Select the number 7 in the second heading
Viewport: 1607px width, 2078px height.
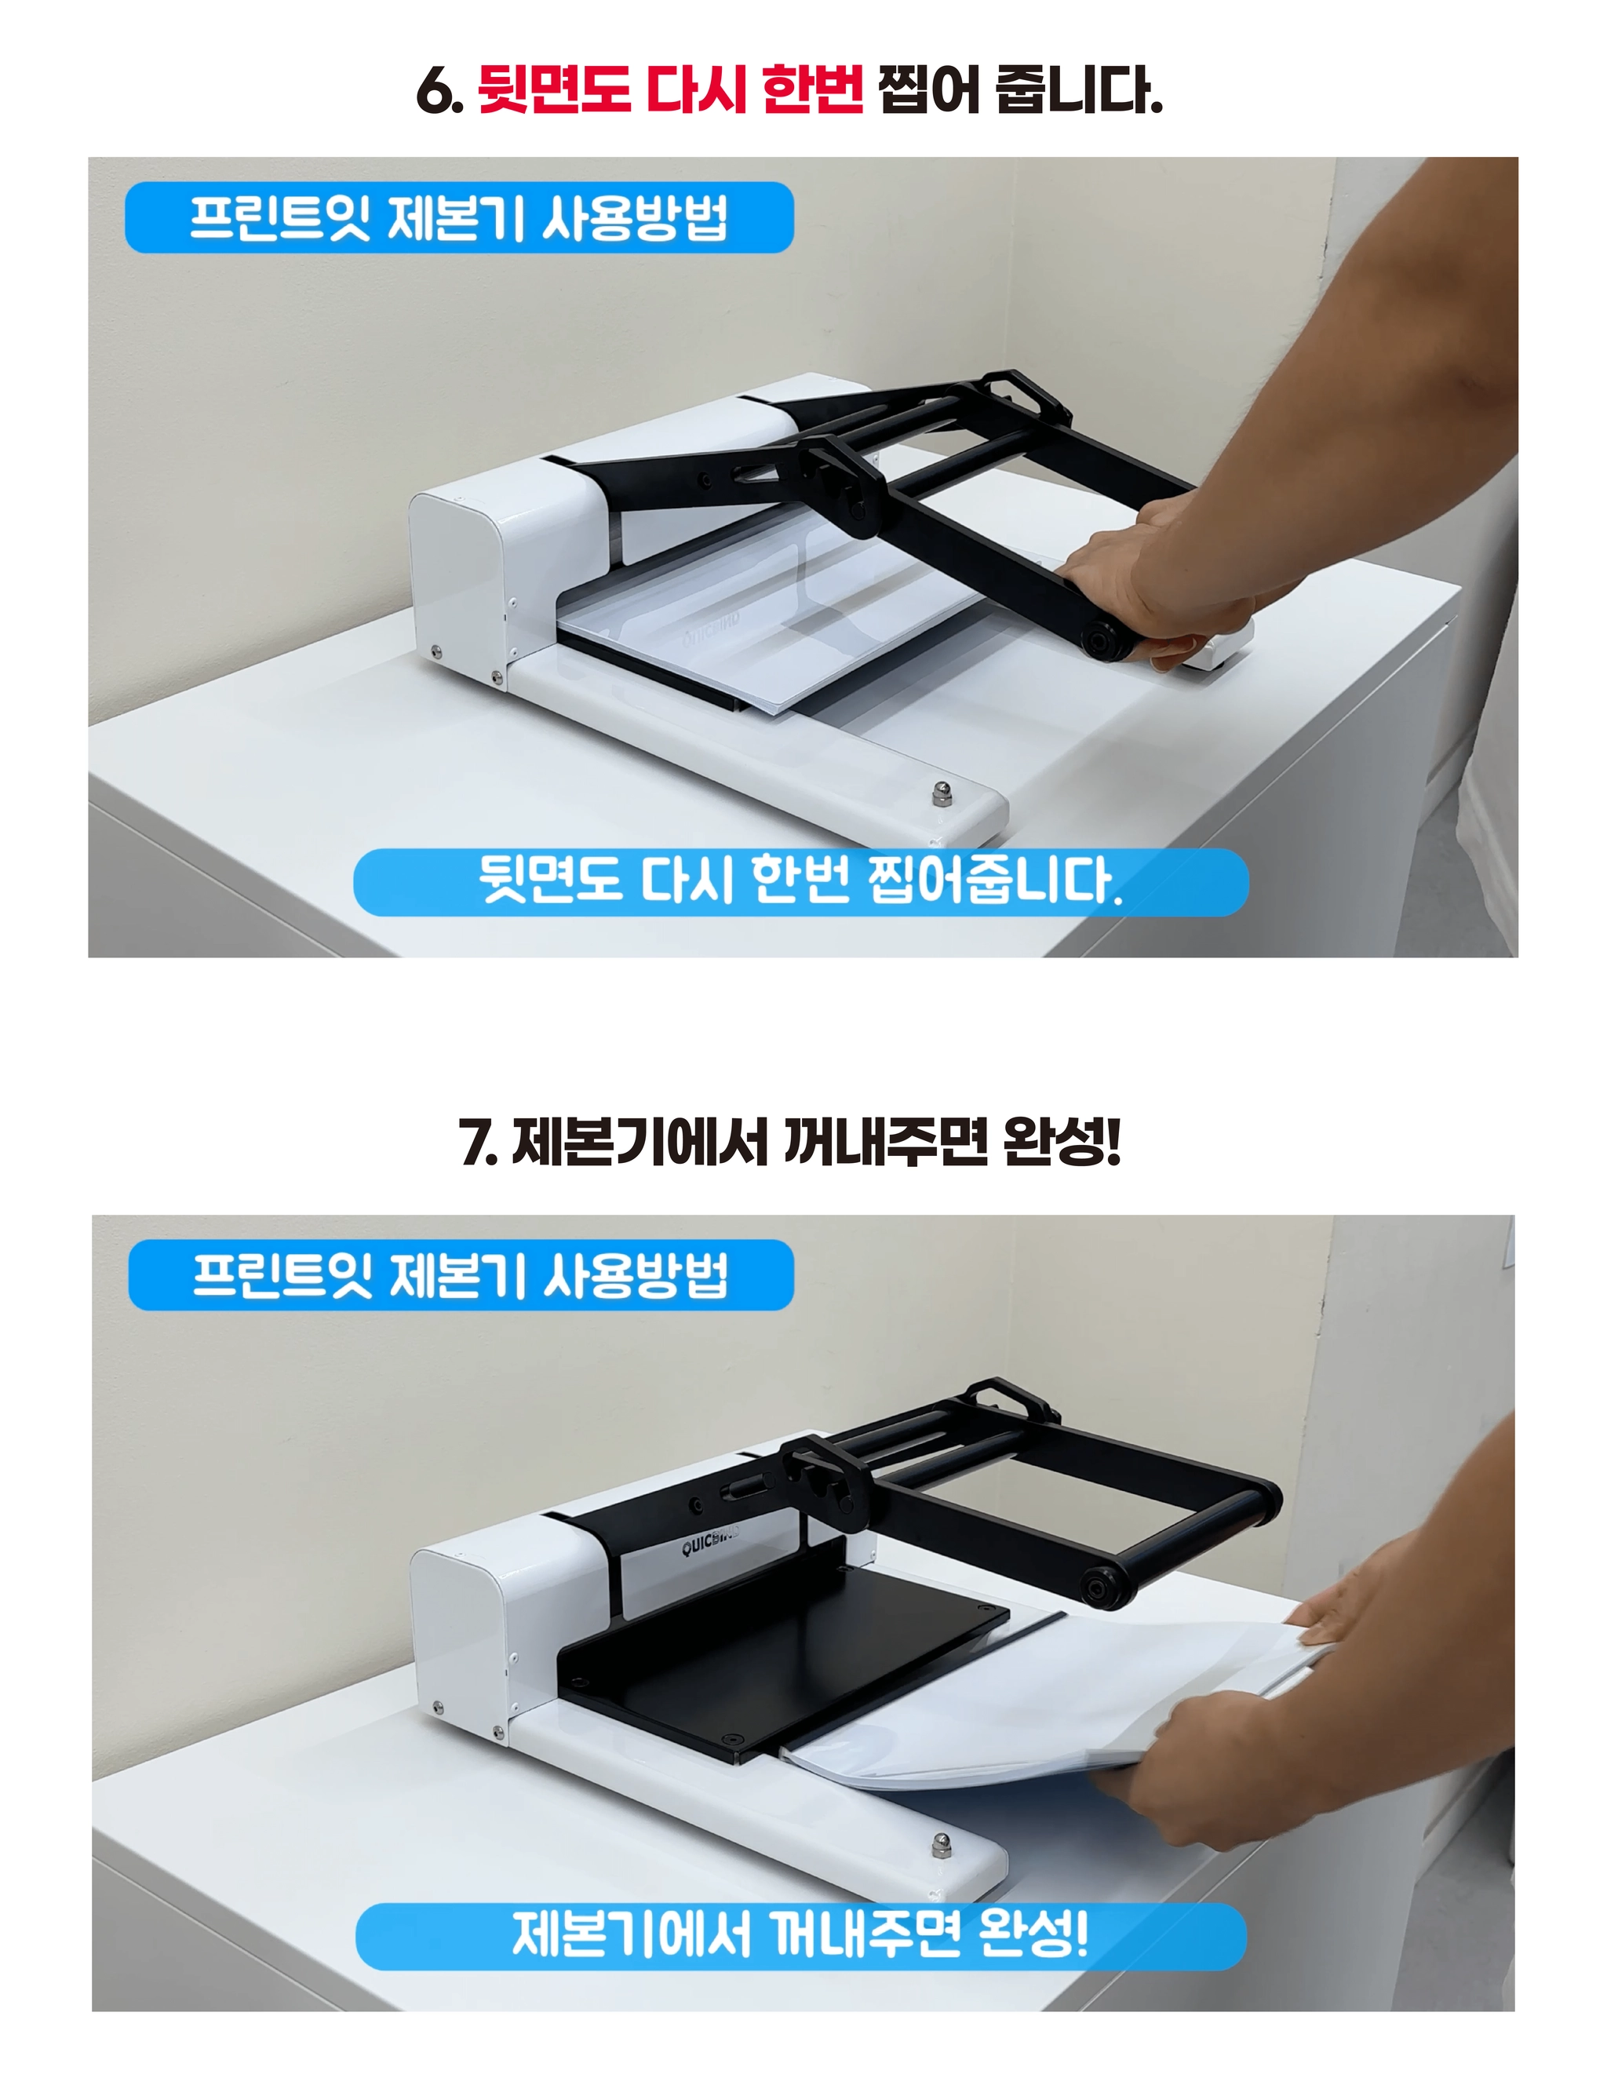[476, 1143]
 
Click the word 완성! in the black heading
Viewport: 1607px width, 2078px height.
[1062, 1142]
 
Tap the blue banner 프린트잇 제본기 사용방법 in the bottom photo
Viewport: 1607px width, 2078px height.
[461, 1276]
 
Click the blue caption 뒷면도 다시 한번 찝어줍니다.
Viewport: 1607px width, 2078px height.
[800, 882]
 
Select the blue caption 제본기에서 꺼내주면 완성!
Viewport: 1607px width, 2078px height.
[800, 1936]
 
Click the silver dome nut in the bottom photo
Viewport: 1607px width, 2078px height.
[941, 1844]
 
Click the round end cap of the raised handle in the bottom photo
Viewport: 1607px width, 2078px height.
[1102, 1587]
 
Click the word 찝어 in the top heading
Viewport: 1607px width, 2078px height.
[927, 90]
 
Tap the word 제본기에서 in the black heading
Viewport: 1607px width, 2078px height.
[640, 1142]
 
